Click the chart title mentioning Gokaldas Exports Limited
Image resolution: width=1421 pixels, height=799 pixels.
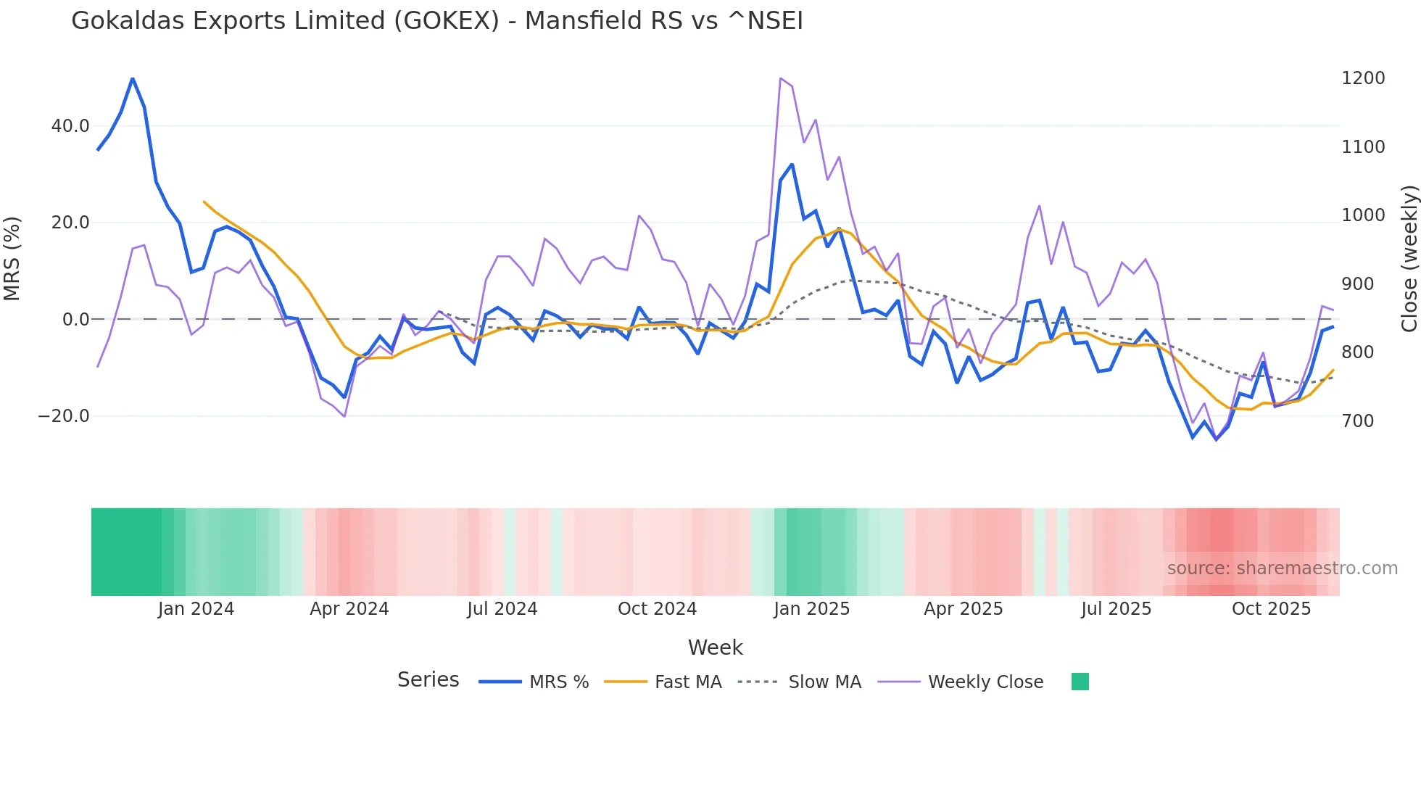coord(436,21)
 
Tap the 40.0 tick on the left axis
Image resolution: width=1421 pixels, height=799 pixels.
coord(70,126)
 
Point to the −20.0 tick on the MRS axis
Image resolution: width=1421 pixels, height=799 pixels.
coord(64,416)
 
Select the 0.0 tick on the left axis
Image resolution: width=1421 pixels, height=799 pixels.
coord(76,320)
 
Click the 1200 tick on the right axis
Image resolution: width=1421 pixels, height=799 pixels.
coord(1363,78)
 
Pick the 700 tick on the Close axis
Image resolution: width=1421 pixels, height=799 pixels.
coord(1358,421)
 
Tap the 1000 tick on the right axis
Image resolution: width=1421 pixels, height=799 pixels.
coord(1363,215)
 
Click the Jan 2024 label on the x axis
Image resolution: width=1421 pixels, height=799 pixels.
coord(196,609)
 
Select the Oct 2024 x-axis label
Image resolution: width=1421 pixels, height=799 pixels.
coord(657,609)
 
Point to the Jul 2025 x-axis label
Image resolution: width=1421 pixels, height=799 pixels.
coord(1116,609)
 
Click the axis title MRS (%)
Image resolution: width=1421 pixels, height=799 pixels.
coord(12,259)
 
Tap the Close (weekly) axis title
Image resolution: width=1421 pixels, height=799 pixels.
coord(1409,259)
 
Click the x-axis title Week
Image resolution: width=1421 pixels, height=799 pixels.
coord(715,647)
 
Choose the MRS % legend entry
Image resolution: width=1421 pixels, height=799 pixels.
coord(558,682)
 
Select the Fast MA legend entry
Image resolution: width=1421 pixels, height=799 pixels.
coord(687,682)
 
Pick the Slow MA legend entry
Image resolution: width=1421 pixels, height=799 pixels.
coord(824,682)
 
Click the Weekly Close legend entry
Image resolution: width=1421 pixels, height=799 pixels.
coord(985,682)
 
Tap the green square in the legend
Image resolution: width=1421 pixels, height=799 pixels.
coord(1080,682)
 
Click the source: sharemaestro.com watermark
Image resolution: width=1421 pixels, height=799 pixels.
coord(1282,568)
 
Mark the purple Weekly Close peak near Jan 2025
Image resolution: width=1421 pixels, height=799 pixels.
coord(780,78)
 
